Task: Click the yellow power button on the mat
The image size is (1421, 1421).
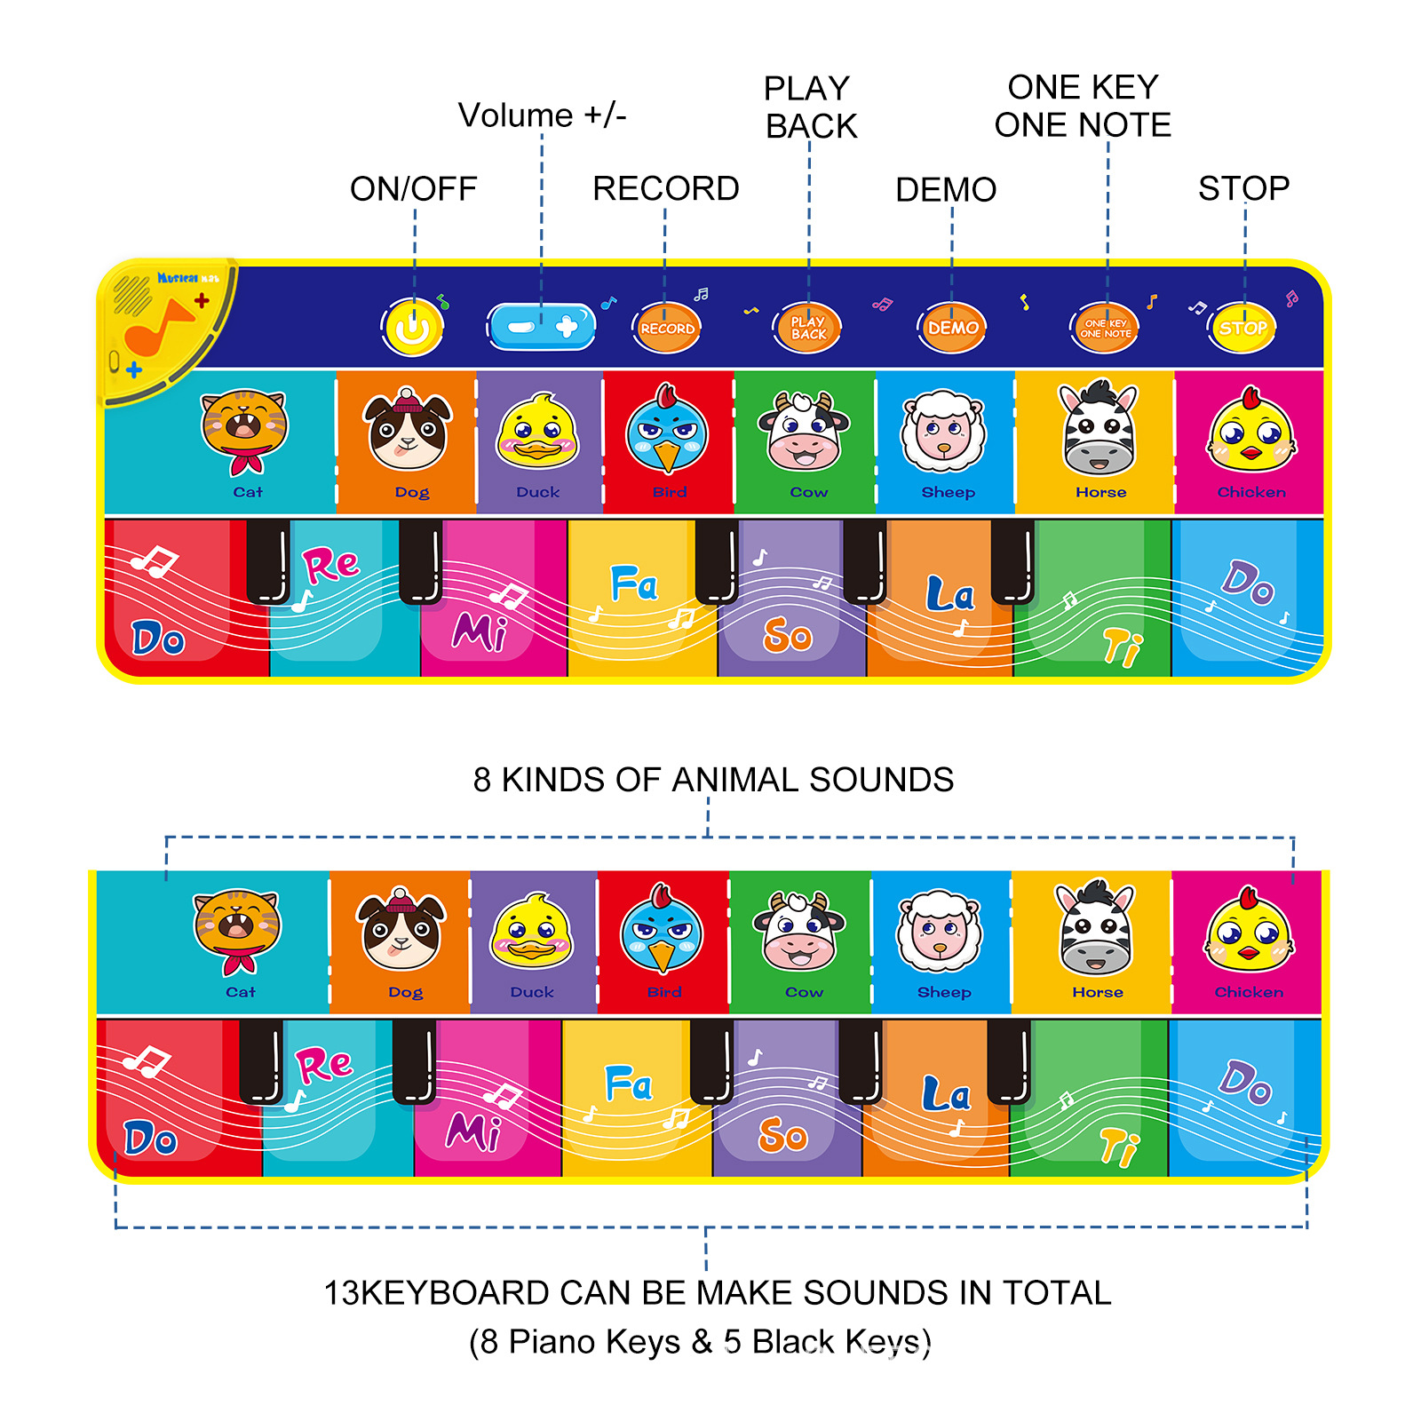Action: [412, 328]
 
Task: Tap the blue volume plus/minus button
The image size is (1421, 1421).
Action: [542, 327]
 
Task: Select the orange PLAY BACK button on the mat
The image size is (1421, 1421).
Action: [808, 328]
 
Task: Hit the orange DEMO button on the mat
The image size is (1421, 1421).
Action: [952, 328]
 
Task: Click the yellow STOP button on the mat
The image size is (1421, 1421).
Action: [1242, 328]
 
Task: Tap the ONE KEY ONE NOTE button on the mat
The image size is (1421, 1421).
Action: [1105, 329]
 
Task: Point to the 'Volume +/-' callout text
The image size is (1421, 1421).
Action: [542, 115]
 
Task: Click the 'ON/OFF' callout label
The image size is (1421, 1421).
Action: [413, 188]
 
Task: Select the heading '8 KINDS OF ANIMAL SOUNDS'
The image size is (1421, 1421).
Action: [713, 780]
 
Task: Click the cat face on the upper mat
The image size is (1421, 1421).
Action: [243, 429]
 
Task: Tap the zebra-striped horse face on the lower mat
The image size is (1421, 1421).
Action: [1096, 929]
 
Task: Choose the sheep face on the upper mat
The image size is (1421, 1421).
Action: [943, 432]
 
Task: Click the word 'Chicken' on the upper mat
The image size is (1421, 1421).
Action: [1251, 492]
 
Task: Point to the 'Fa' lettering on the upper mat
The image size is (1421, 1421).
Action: [634, 583]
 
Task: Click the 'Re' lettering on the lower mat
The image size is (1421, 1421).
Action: [324, 1064]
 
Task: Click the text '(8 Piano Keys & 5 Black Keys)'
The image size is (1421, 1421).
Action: [700, 1341]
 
